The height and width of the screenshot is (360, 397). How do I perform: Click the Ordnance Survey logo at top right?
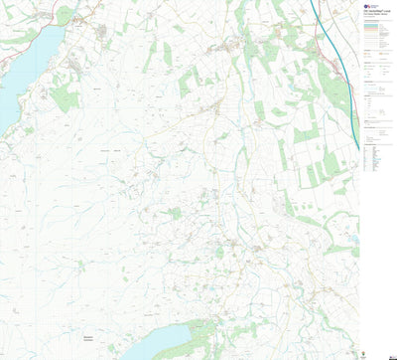367,8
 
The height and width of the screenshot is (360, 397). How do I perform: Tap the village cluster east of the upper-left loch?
102,34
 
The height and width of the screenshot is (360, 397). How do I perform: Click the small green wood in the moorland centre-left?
175,213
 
